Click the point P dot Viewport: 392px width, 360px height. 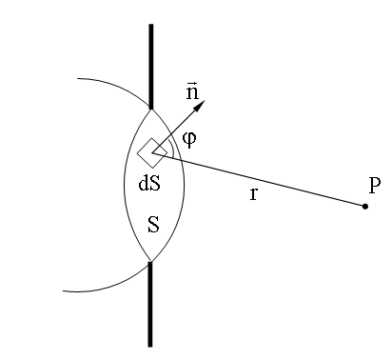coord(365,207)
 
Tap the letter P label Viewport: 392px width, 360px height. coord(375,185)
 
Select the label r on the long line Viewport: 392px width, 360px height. coord(253,193)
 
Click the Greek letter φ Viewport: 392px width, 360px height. coord(189,140)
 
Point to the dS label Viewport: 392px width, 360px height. coord(149,183)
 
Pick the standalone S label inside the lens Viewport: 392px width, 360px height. coord(153,225)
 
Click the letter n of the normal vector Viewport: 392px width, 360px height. coord(192,92)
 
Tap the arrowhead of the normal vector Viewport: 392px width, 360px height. coord(200,106)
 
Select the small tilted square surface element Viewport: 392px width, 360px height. coord(152,152)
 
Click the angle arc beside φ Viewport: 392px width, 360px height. coord(172,148)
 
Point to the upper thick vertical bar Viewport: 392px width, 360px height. coord(151,67)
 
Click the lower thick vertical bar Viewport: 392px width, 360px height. coord(150,304)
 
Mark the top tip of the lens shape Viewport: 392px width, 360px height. coord(151,110)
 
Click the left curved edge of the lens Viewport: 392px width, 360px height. coord(124,186)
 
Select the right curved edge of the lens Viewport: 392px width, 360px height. coord(185,186)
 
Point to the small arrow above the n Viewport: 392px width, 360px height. coord(191,83)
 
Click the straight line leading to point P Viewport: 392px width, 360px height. coord(259,180)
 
